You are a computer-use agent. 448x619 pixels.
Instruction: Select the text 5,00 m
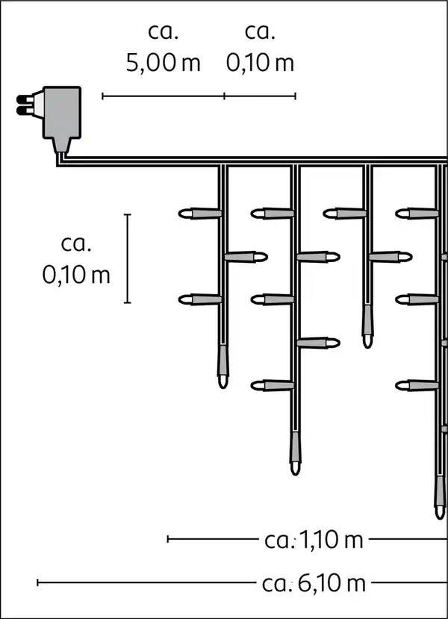tap(163, 63)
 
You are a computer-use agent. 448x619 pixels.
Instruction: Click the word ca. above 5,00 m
tap(163, 31)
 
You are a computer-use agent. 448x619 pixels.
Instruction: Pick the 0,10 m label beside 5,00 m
tap(260, 63)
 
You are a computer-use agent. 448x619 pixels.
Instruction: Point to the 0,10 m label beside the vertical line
tap(76, 275)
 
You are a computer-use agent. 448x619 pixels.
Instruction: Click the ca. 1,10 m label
tap(314, 539)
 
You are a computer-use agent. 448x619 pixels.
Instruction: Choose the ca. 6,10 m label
tap(314, 582)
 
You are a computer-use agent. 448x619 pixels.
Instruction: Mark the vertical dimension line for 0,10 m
tap(128, 258)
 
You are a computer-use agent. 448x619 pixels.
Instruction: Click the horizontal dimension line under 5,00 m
tap(163, 96)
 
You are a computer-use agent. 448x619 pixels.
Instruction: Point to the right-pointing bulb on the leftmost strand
tap(246, 257)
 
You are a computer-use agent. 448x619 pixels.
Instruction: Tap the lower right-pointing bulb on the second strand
tap(318, 343)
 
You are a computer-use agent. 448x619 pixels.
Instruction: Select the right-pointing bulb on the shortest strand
tap(391, 257)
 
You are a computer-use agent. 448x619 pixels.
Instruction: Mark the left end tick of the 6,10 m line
tap(38, 582)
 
